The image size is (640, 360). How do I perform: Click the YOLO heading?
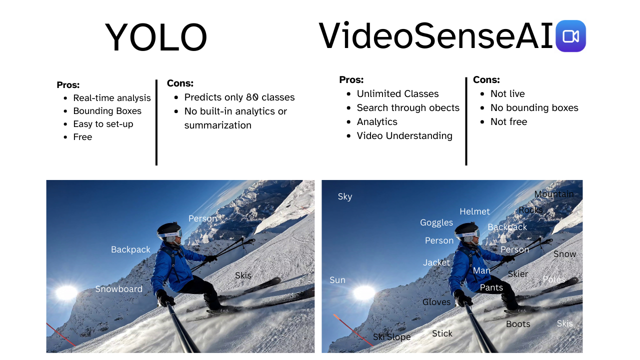(156, 37)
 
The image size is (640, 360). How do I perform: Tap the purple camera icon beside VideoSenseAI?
(570, 36)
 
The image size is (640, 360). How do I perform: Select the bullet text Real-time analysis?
(111, 98)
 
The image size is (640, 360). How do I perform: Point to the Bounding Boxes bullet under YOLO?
(107, 111)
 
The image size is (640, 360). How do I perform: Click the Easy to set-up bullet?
(103, 124)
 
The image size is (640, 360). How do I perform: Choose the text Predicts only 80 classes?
(239, 97)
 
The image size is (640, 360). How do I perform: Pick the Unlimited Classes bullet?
(397, 93)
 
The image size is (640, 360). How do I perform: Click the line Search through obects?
(408, 107)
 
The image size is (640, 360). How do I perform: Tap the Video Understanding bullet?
(404, 135)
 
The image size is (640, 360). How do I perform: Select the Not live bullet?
(507, 93)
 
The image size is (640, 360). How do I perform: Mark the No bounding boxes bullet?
(534, 107)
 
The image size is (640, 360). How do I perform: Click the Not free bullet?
(509, 121)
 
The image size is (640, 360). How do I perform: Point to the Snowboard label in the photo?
(119, 289)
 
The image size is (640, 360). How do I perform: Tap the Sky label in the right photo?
(345, 196)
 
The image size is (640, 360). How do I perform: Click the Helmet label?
(474, 211)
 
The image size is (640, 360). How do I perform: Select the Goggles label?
(436, 222)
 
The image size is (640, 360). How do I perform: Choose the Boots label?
(518, 324)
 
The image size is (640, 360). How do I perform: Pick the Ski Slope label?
(391, 337)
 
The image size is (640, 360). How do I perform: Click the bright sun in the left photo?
(66, 293)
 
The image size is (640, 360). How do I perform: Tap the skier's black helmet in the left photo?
(169, 229)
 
